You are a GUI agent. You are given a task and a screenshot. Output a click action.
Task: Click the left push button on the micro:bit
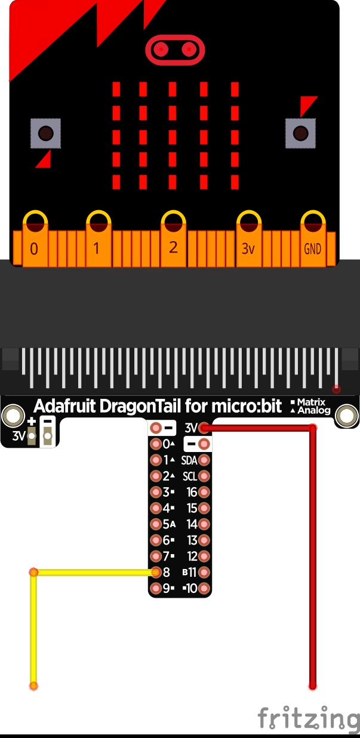point(46,133)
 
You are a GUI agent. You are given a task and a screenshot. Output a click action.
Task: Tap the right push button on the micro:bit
point(300,133)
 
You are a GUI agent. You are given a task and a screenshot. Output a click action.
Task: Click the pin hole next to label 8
point(156,572)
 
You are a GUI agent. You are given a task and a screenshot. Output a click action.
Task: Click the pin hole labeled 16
point(204,492)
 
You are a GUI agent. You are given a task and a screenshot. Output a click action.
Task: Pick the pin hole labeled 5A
point(156,524)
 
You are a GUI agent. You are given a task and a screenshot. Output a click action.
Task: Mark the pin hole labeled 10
point(204,588)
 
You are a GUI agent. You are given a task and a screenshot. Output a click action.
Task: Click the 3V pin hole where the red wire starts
point(204,428)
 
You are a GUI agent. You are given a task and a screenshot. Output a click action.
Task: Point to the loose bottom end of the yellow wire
point(34,685)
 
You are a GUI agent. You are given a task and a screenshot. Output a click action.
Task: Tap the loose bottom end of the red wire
point(312,686)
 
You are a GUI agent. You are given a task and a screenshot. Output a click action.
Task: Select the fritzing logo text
point(309,718)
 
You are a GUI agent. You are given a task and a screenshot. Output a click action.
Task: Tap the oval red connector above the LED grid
point(176,49)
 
